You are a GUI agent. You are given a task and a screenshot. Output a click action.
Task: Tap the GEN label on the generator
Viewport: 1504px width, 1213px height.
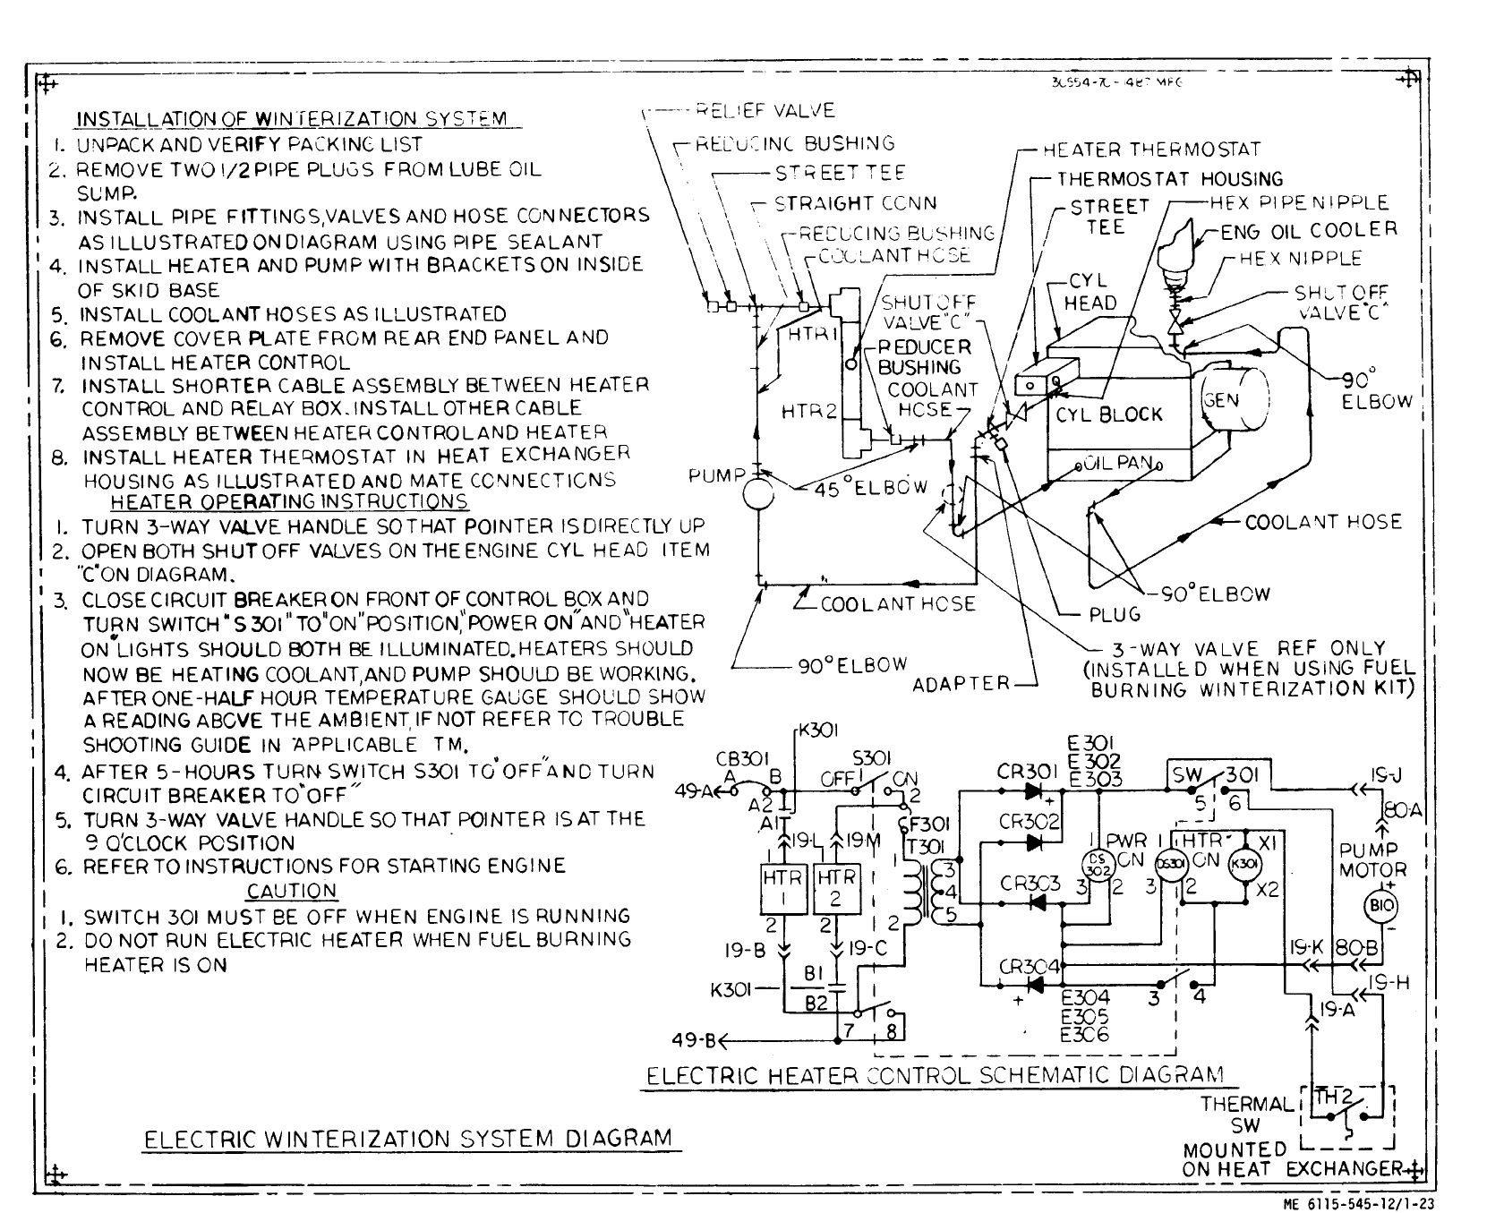(x=1220, y=399)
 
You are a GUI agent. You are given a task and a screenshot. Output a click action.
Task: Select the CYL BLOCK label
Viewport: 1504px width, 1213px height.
(x=1108, y=414)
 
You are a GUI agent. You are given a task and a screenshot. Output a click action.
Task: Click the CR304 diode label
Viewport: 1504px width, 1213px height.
(x=1030, y=967)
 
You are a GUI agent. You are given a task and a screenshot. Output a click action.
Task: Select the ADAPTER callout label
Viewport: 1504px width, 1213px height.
(x=961, y=685)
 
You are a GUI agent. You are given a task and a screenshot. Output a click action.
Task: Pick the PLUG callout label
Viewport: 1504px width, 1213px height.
(x=1115, y=614)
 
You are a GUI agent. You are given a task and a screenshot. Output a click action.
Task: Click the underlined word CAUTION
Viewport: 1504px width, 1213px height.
(x=292, y=891)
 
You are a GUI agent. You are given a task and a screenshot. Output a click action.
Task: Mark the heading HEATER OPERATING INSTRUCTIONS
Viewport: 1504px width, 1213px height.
(x=289, y=502)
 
